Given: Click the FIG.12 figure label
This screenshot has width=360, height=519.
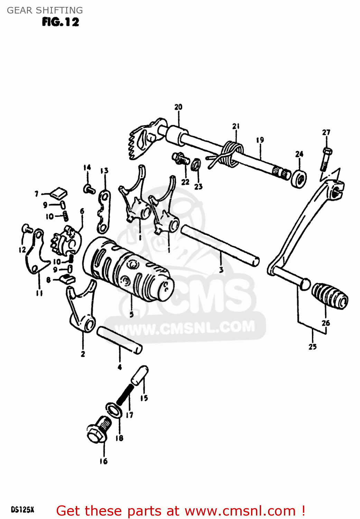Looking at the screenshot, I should pyautogui.click(x=61, y=22).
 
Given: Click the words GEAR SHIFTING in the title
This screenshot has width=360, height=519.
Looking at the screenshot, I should pyautogui.click(x=45, y=10).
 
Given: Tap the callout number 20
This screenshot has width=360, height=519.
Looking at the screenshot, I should pyautogui.click(x=178, y=107).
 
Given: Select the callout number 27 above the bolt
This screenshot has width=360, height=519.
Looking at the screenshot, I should pyautogui.click(x=326, y=133).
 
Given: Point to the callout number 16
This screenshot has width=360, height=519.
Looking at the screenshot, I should pyautogui.click(x=104, y=461).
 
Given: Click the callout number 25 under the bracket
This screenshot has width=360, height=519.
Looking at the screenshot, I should pyautogui.click(x=313, y=347).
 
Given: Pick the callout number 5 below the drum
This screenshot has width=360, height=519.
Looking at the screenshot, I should pyautogui.click(x=131, y=314).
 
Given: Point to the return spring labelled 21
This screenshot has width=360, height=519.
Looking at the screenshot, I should pyautogui.click(x=230, y=152).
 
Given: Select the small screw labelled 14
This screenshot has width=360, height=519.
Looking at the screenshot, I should pyautogui.click(x=90, y=189).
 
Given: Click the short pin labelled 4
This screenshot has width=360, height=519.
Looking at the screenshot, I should pyautogui.click(x=119, y=340).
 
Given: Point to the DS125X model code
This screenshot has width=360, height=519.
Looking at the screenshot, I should pyautogui.click(x=22, y=510).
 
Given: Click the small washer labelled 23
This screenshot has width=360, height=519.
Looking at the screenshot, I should pyautogui.click(x=196, y=164).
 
